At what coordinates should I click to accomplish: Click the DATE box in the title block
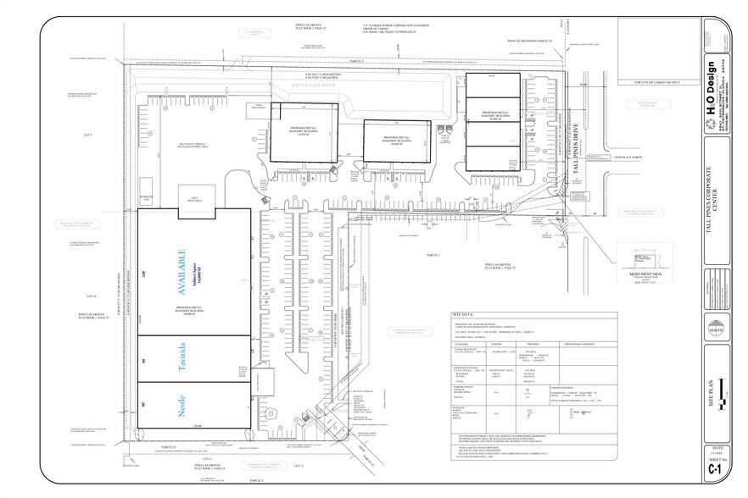click(717, 448)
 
